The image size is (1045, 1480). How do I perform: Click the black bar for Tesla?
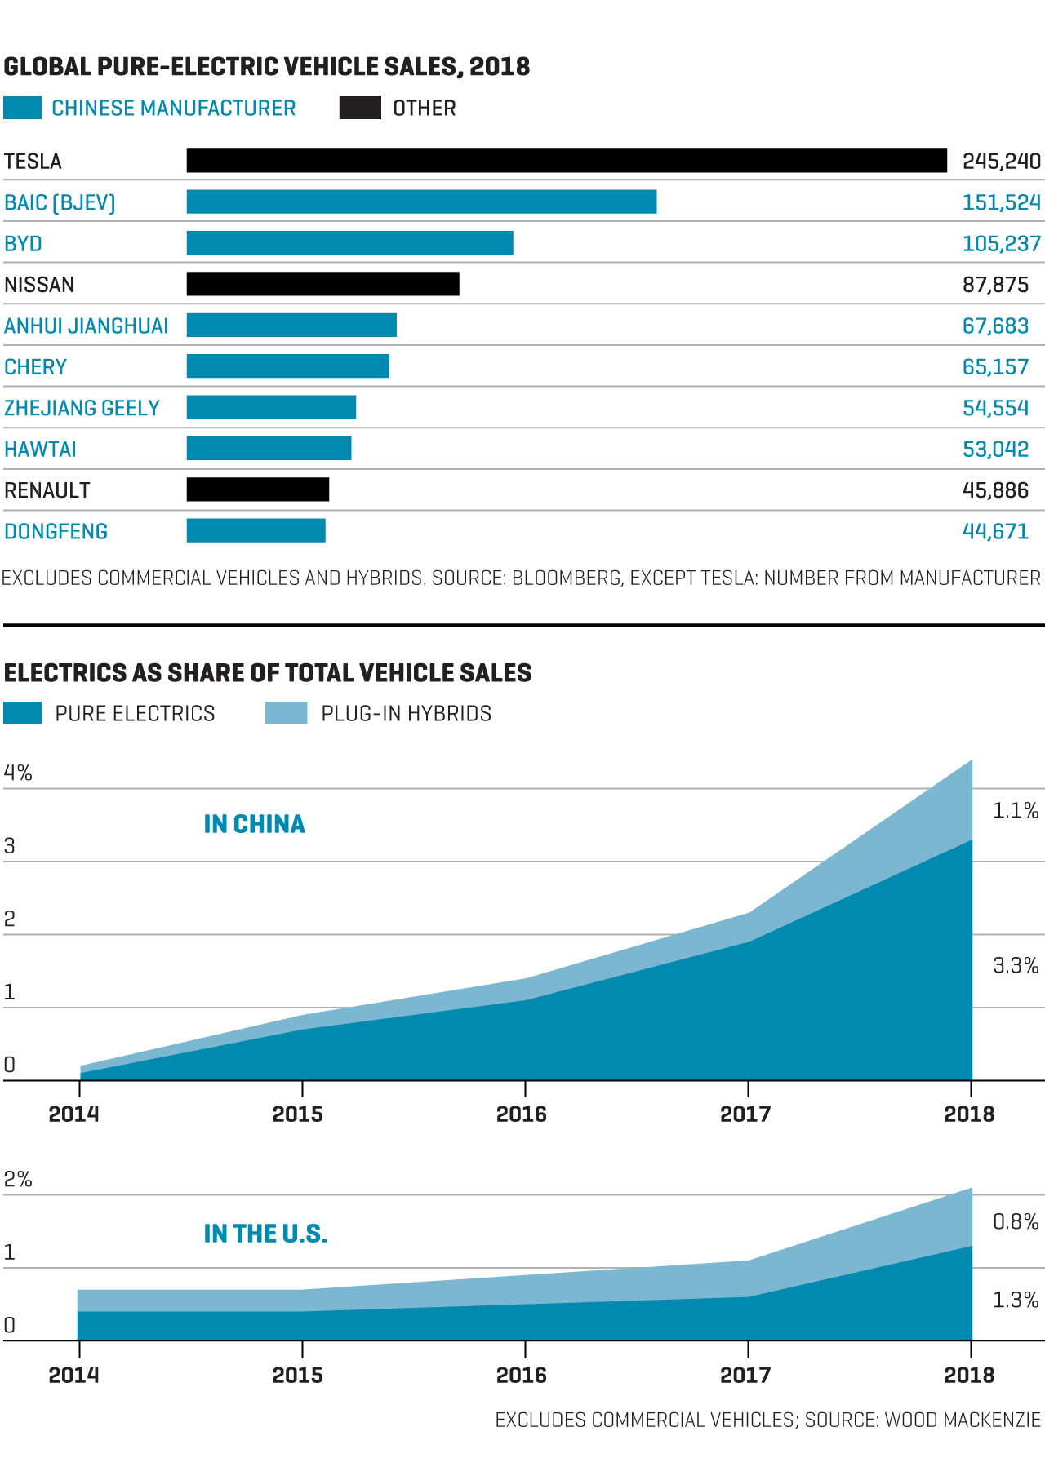coord(567,161)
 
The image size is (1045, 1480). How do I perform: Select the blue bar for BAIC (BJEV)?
coord(421,202)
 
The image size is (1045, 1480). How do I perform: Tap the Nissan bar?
coord(322,284)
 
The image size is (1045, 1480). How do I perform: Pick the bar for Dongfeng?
coord(256,530)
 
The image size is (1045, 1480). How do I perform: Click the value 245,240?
coord(1001,162)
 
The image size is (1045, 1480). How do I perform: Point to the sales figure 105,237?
coord(1001,244)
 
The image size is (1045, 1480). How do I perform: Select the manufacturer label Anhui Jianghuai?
coord(86,326)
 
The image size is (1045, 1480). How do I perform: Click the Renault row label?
coord(47,490)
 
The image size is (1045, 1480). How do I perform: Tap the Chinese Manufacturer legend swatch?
coord(22,108)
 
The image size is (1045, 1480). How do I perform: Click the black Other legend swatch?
coord(360,108)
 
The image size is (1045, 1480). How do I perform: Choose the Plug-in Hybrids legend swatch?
coord(286,713)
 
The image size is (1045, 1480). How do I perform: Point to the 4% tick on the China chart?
coord(18,773)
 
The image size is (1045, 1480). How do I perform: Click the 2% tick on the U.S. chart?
coord(18,1179)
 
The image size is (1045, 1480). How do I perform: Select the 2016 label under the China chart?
coord(522,1114)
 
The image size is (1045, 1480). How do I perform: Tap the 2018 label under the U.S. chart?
coord(969,1375)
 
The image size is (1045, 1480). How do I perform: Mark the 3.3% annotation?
coord(1016,966)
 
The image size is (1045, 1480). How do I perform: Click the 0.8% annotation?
coord(1016,1221)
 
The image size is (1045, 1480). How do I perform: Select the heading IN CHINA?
coord(254,824)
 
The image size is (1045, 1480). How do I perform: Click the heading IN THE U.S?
coord(265,1234)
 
